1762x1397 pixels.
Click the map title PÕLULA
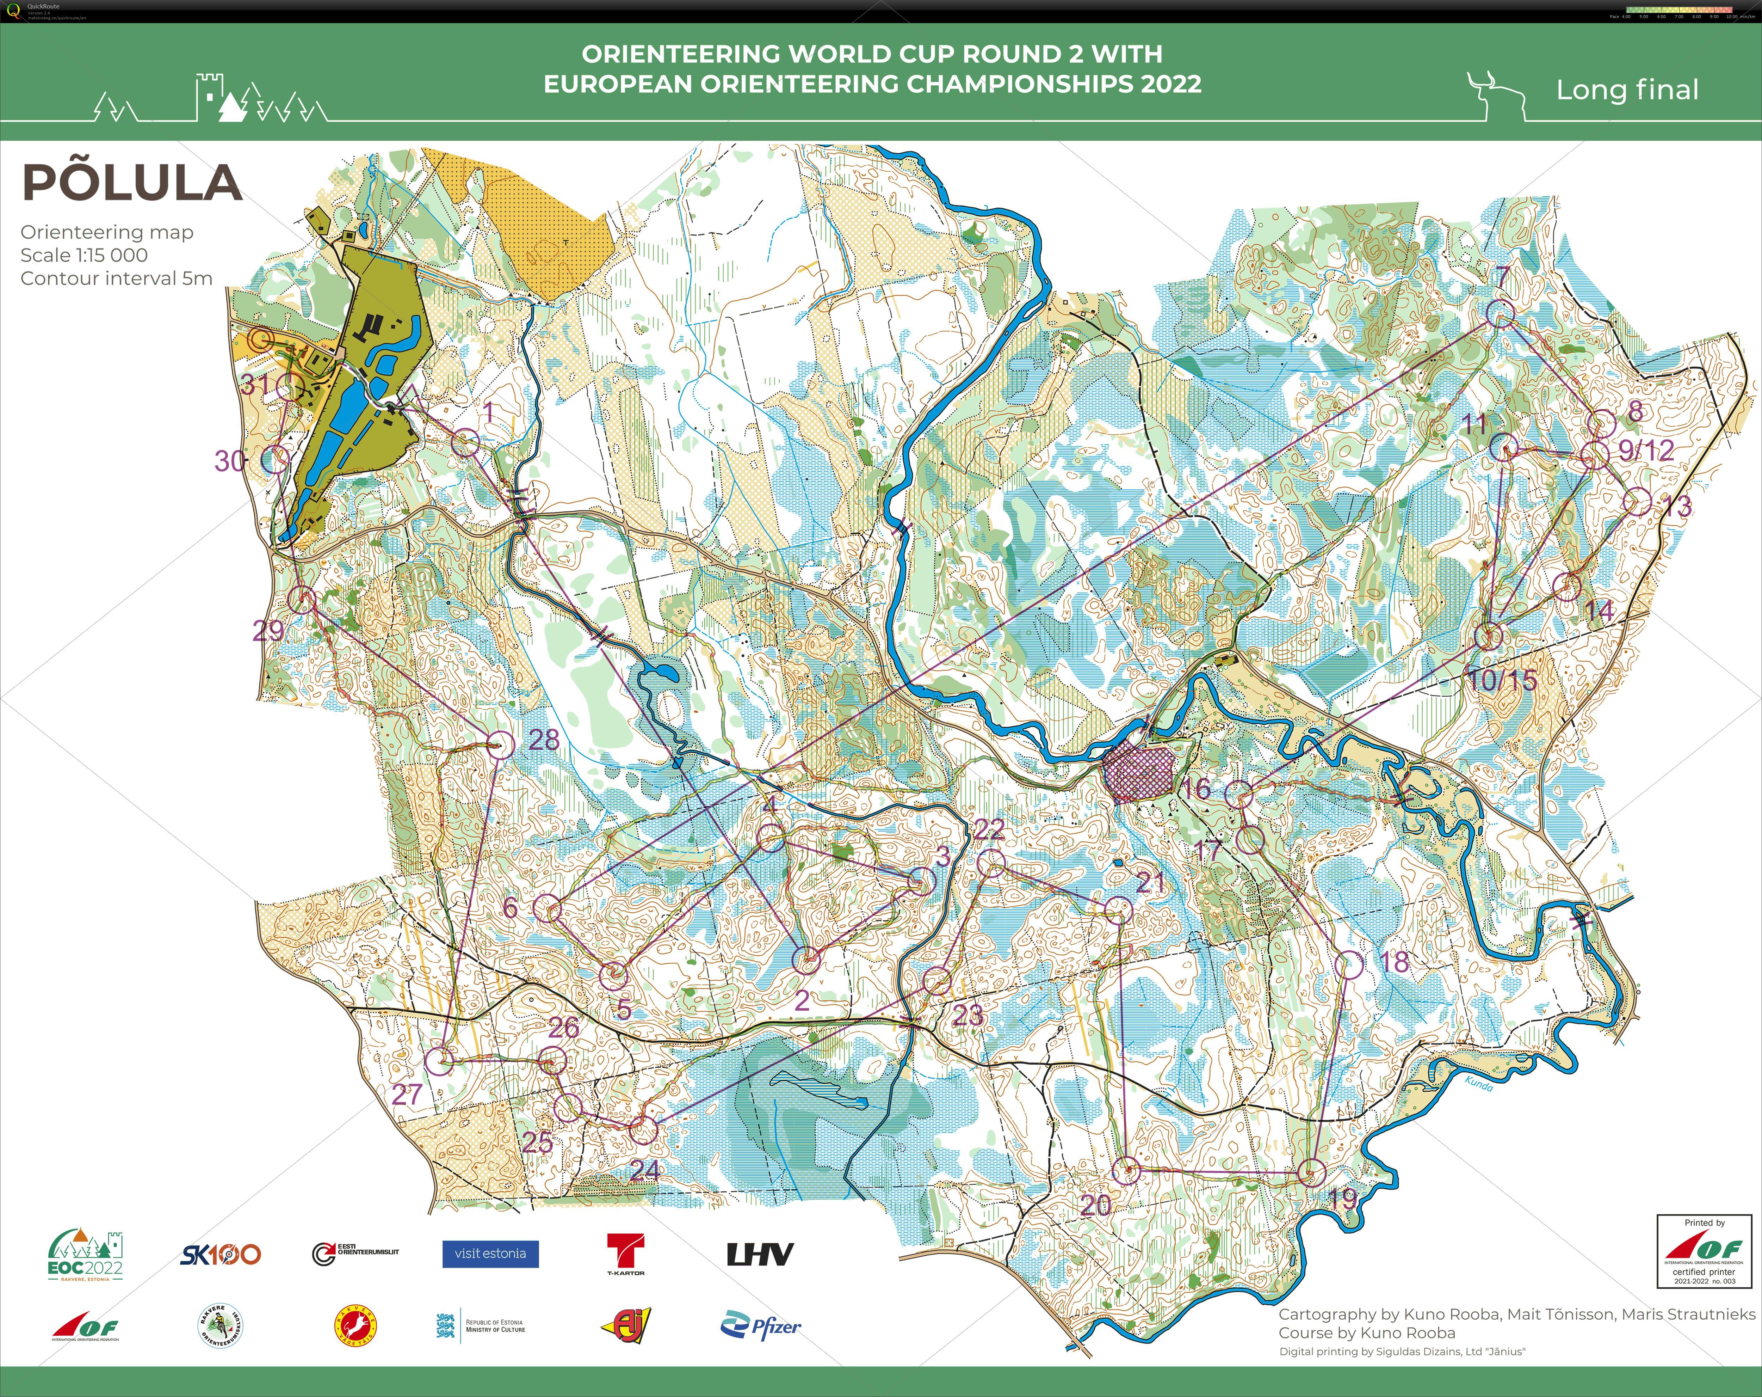point(132,182)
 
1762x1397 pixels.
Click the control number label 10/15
point(1502,680)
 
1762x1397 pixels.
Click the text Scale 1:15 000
point(84,255)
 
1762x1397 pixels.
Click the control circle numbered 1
point(465,443)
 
